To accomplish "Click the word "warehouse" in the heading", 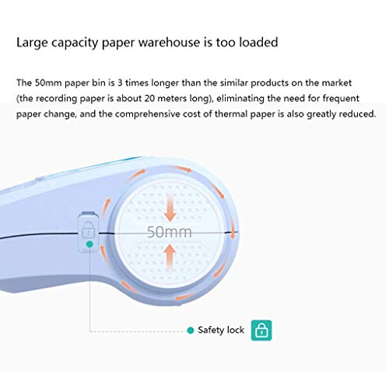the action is point(168,43).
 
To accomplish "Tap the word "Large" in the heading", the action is point(32,43).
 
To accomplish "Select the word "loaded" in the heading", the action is point(258,43).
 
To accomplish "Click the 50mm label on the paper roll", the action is point(170,232).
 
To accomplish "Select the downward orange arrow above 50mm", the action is point(170,207).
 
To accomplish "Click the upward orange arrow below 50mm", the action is point(170,257).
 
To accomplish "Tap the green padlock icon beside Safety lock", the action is point(261,331).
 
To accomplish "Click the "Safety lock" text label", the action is point(221,330).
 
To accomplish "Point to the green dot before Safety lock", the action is point(191,331).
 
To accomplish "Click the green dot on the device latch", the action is point(89,244).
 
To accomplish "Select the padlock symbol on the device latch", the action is point(88,230).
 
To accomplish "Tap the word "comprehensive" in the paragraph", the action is point(147,114).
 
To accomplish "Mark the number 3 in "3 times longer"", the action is point(120,82).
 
